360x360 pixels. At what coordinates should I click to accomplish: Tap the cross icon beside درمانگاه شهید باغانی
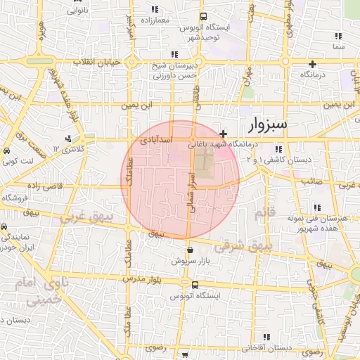223,133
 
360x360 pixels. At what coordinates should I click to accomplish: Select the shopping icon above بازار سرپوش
190,250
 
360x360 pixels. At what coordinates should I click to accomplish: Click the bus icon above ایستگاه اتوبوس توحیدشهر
203,17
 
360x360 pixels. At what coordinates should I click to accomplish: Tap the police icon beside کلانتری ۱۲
69,139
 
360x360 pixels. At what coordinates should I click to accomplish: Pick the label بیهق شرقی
241,247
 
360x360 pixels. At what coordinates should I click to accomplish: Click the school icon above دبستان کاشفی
279,149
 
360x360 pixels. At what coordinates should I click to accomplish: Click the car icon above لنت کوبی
6,151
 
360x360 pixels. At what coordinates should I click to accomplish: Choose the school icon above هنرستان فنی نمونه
319,207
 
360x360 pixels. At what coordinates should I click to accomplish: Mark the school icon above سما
338,36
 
